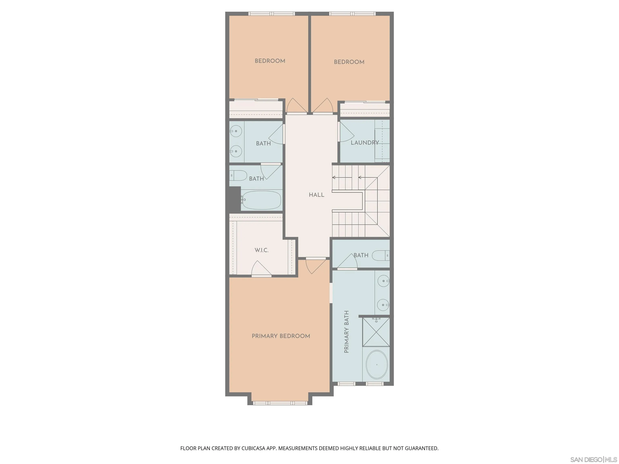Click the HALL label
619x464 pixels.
pyautogui.click(x=317, y=195)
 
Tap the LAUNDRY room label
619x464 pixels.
pyautogui.click(x=365, y=143)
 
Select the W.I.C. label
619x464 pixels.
pyautogui.click(x=261, y=250)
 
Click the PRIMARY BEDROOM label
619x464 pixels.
pyautogui.click(x=281, y=336)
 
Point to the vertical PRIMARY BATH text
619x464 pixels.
pyautogui.click(x=346, y=332)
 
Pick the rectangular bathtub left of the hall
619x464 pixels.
pyautogui.click(x=261, y=200)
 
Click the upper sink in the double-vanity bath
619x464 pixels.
pyautogui.click(x=237, y=131)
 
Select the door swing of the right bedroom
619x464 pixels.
pyautogui.click(x=323, y=106)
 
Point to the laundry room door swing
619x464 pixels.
pyautogui.click(x=346, y=133)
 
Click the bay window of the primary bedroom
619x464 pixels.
pyautogui.click(x=280, y=403)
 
